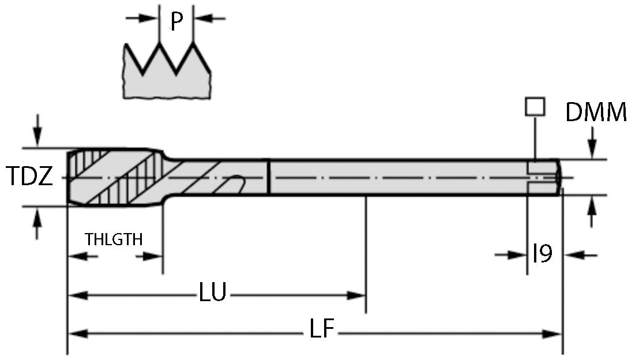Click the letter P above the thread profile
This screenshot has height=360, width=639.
[x=176, y=22]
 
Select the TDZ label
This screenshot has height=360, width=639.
[x=29, y=177]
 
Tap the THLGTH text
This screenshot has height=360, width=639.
[x=114, y=239]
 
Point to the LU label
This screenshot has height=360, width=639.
[x=213, y=293]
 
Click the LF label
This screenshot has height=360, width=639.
[x=322, y=330]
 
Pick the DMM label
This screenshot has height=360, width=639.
[x=596, y=113]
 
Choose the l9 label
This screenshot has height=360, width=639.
[x=542, y=253]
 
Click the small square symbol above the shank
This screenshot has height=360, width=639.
[x=535, y=107]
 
